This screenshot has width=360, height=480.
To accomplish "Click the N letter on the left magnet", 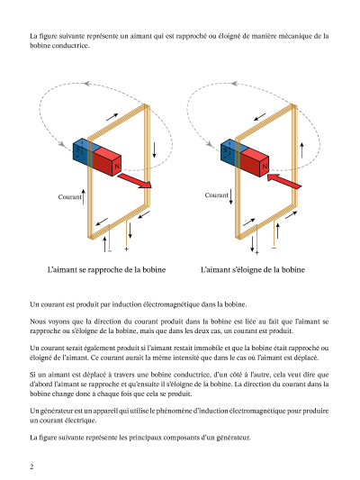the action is [x=117, y=167].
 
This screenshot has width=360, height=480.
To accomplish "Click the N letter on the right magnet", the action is [x=265, y=167].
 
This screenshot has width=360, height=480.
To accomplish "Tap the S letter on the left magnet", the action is [x=78, y=150].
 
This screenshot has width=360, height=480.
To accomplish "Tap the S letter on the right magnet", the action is [x=225, y=150].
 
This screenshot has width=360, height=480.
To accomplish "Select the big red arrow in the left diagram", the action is [x=135, y=181].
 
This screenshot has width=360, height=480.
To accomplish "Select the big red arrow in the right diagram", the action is [x=284, y=181].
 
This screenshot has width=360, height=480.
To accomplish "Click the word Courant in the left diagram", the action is [x=69, y=197].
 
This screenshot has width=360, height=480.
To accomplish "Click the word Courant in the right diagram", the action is [x=217, y=195].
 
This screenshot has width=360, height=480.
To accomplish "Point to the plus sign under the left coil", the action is [x=126, y=249].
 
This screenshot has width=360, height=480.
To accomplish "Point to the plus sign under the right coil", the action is [x=256, y=252].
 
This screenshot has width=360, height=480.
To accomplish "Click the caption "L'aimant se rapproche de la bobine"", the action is [x=107, y=270].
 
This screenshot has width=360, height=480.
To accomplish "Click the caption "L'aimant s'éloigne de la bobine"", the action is [x=253, y=270].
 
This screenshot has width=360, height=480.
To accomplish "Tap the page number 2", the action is [x=31, y=466].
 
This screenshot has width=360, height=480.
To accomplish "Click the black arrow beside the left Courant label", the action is [x=84, y=197].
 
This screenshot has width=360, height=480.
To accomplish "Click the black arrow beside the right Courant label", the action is [x=231, y=196].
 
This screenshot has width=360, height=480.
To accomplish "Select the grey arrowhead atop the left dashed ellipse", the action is [x=86, y=83].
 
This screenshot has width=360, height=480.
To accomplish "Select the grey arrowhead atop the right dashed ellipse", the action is [x=234, y=83].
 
